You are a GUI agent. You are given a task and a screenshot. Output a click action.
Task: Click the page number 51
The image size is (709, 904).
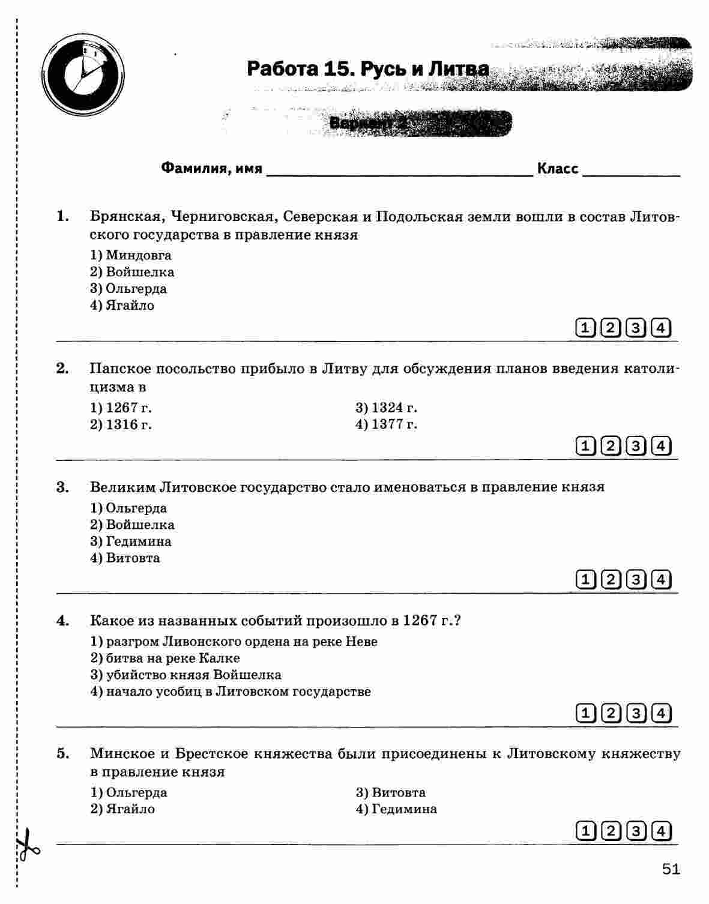[x=671, y=869]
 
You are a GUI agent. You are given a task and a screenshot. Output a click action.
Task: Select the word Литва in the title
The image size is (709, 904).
[x=459, y=70]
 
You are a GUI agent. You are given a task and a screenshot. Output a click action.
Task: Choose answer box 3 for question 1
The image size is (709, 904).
[x=635, y=328]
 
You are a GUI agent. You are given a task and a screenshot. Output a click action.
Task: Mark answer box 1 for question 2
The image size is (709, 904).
[x=584, y=446]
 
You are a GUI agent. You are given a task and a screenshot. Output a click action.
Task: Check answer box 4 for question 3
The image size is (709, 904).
[x=660, y=579]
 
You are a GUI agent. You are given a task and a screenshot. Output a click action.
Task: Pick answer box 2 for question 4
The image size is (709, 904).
[x=610, y=713]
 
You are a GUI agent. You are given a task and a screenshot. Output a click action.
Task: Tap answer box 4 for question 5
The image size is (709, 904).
[x=660, y=831]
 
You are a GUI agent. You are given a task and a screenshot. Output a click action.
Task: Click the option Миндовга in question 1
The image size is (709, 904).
[x=138, y=256]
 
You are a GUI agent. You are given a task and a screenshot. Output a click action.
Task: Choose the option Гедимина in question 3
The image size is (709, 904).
[x=138, y=541]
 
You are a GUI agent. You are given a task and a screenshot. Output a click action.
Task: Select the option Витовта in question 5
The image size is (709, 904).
[x=398, y=792]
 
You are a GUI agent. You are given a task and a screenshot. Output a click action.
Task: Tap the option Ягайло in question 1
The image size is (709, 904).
[x=130, y=306]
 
